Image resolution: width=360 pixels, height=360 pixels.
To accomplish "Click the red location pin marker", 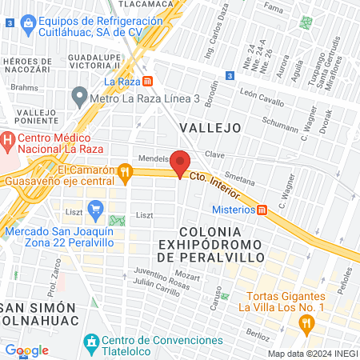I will point(181,162).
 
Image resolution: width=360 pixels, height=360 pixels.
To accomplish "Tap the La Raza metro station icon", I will point(147,81).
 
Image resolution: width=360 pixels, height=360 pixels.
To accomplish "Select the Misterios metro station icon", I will point(262,210).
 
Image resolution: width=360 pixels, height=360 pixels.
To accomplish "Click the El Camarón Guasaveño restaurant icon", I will point(123,172).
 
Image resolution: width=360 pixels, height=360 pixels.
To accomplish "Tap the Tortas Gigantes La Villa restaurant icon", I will point(306,322).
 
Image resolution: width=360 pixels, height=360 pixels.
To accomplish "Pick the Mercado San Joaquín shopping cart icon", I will point(96,212).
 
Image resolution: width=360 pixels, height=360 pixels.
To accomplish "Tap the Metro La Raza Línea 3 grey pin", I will point(79,98).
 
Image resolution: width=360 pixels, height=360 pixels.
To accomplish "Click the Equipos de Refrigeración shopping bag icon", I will point(28,22).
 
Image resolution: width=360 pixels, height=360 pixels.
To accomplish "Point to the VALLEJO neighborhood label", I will point(210,127).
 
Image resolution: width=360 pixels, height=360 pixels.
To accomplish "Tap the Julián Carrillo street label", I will point(158,282).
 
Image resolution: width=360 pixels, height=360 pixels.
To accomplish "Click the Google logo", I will point(26,350).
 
